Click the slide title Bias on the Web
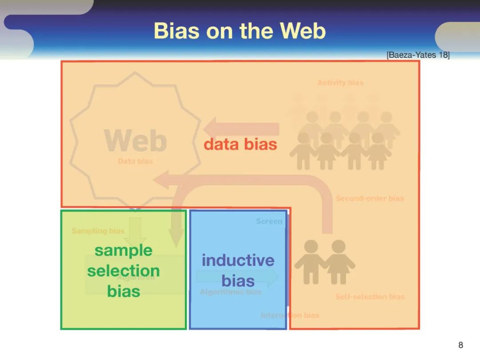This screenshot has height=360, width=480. pyautogui.click(x=240, y=31)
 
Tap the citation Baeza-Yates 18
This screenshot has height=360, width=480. pyautogui.click(x=418, y=55)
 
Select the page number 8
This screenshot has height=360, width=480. pyautogui.click(x=460, y=345)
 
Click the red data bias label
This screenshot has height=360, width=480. pyautogui.click(x=240, y=144)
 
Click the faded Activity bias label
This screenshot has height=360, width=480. pyautogui.click(x=340, y=83)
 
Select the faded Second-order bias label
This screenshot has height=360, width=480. pyautogui.click(x=369, y=198)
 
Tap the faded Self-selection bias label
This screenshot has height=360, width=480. pyautogui.click(x=370, y=296)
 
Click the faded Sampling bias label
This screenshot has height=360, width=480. pyautogui.click(x=98, y=231)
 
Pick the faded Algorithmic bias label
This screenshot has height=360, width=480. pyautogui.click(x=230, y=292)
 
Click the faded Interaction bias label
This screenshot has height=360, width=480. pyautogui.click(x=290, y=315)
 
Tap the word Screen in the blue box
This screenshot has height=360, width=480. pyautogui.click(x=269, y=221)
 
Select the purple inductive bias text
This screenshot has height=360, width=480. pyautogui.click(x=238, y=270)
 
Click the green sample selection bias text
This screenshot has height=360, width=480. pyautogui.click(x=123, y=271)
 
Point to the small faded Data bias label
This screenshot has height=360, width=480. pyautogui.click(x=135, y=161)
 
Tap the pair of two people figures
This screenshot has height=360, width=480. pyautogui.click(x=324, y=262)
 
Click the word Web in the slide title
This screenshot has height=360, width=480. pyautogui.click(x=302, y=31)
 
